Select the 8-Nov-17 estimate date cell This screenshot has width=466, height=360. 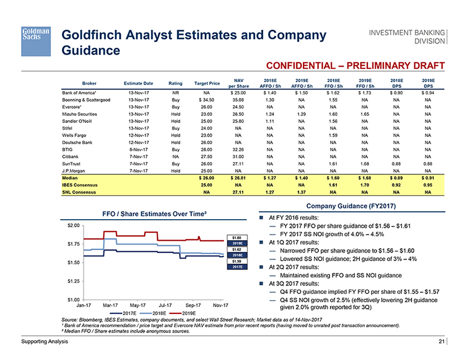(x=137, y=149)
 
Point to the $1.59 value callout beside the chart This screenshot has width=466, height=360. (x=236, y=260)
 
